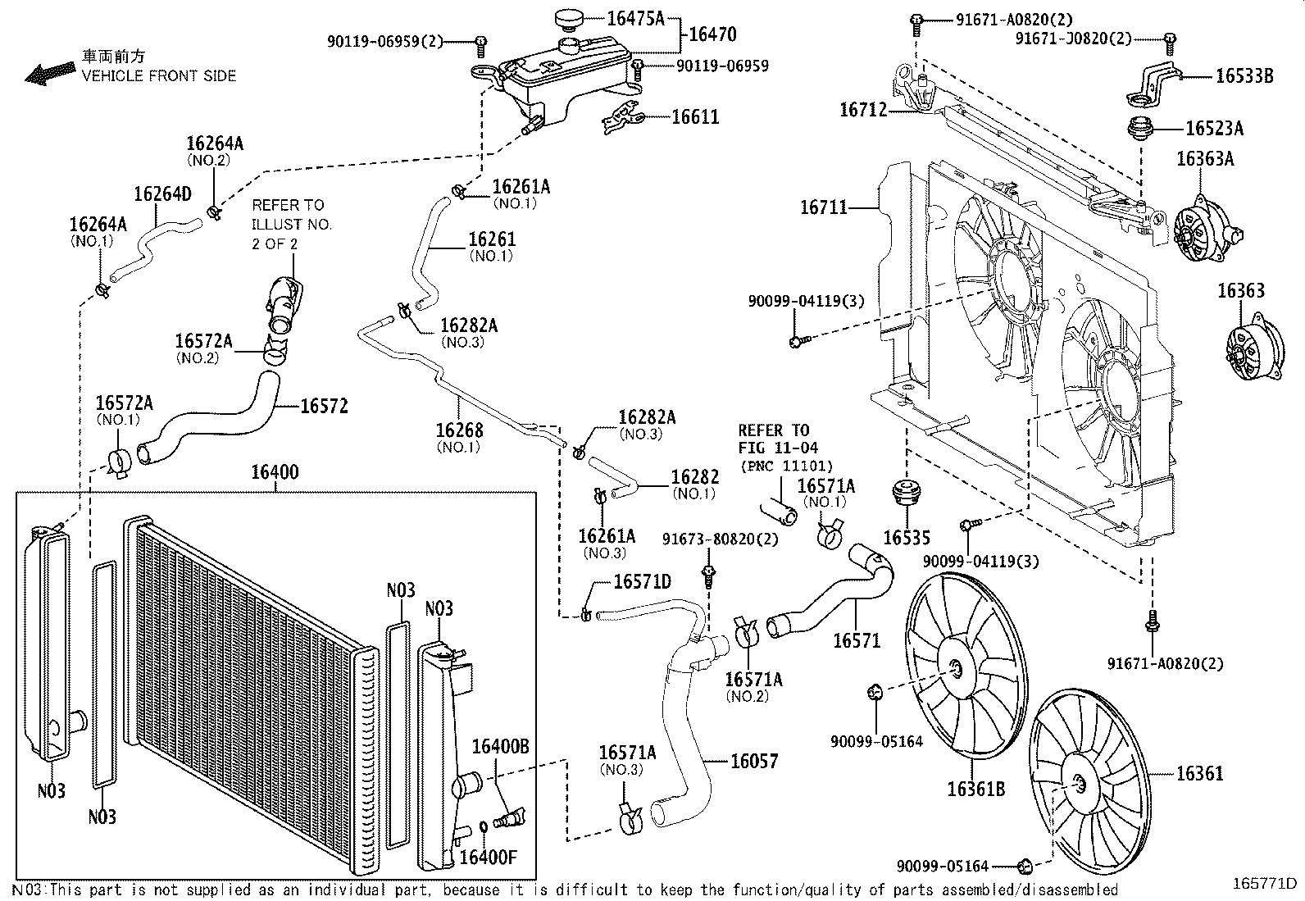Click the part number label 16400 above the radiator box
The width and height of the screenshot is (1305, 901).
(x=275, y=473)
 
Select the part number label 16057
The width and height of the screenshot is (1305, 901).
(x=754, y=762)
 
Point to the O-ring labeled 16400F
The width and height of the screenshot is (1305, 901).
(x=483, y=825)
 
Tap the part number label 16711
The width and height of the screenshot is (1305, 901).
(x=824, y=208)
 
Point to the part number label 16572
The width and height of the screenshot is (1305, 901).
(x=324, y=406)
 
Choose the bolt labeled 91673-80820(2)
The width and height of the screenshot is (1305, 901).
(x=709, y=575)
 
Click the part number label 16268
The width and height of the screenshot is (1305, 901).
(x=459, y=430)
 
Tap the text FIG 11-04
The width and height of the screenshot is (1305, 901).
(x=773, y=448)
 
